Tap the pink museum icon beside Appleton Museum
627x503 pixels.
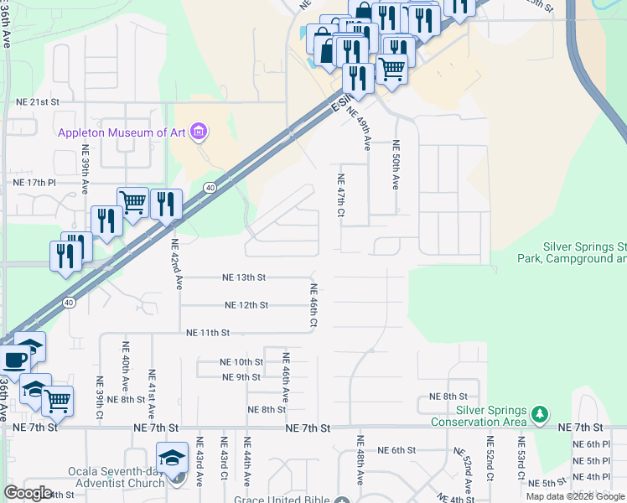pyautogui.click(x=199, y=131)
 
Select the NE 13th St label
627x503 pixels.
pyautogui.click(x=244, y=277)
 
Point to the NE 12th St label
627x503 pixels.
pyautogui.click(x=246, y=305)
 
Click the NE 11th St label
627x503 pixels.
pyautogui.click(x=208, y=333)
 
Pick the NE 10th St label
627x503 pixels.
pyautogui.click(x=241, y=362)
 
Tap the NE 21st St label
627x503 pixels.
pyautogui.click(x=39, y=101)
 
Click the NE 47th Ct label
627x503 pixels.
pyautogui.click(x=340, y=195)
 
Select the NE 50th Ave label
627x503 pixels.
pyautogui.click(x=396, y=165)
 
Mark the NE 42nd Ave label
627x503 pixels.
pyautogui.click(x=176, y=264)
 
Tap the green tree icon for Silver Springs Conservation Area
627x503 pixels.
pyautogui.click(x=541, y=413)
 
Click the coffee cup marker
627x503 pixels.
pyautogui.click(x=13, y=360)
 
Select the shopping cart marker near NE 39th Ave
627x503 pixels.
pyautogui.click(x=132, y=202)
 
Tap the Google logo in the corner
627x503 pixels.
pyautogui.click(x=28, y=492)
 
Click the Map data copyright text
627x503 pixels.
pyautogui.click(x=576, y=496)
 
